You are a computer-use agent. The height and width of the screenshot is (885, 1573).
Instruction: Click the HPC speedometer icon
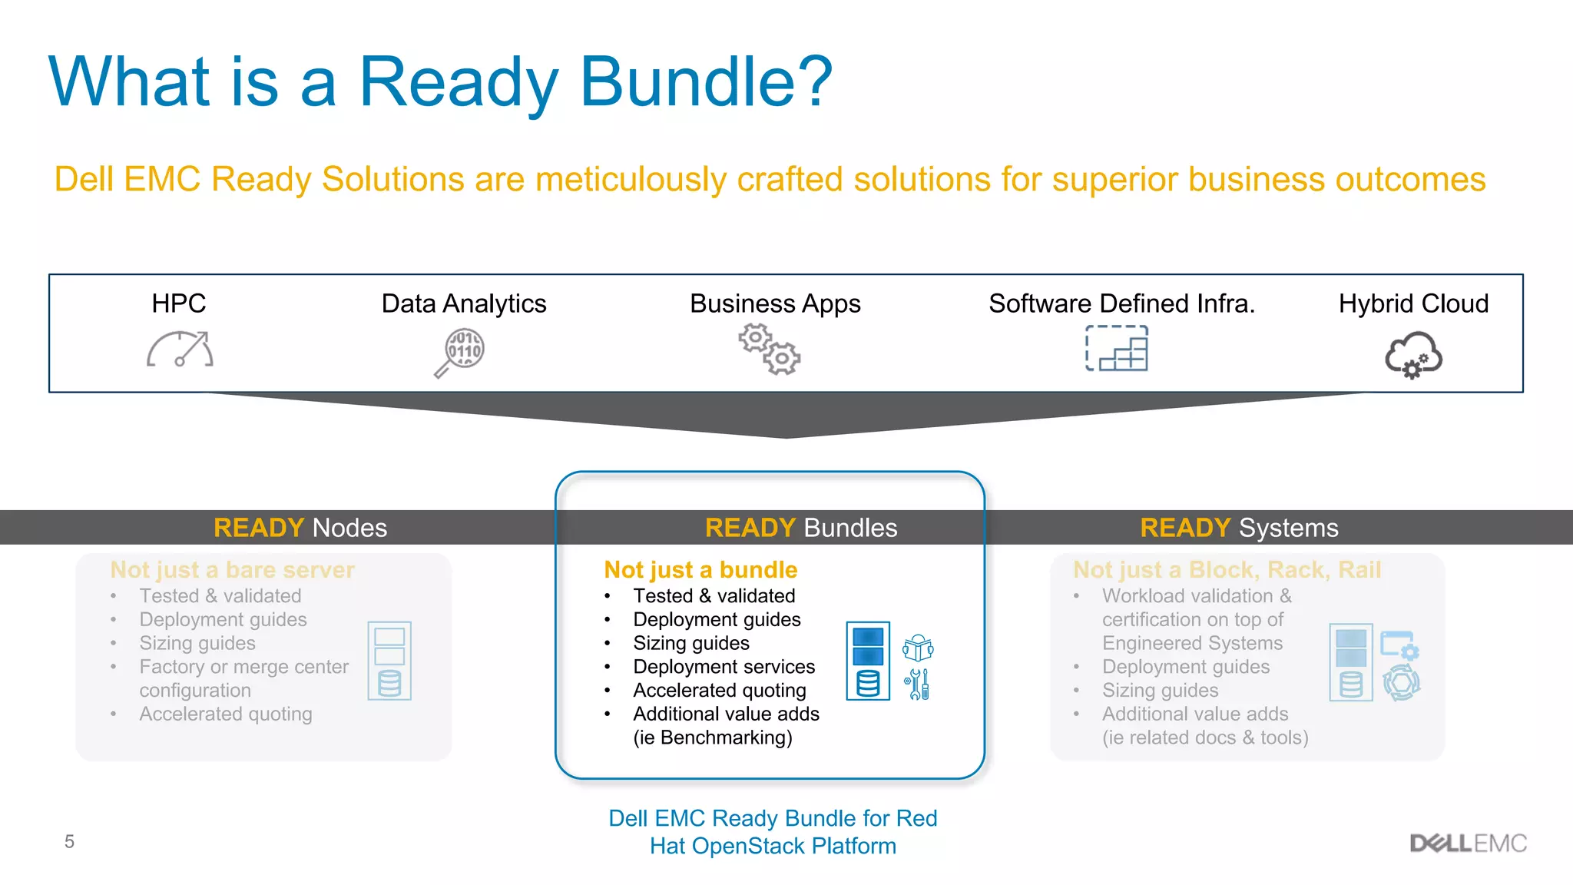tap(180, 350)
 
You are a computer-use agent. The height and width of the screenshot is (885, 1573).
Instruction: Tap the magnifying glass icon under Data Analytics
tap(460, 353)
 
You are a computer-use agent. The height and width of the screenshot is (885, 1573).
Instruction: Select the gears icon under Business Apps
tap(769, 349)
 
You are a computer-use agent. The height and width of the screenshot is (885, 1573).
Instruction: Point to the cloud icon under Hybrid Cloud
tap(1413, 355)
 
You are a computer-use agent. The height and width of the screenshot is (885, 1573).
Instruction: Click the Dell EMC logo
tap(1468, 843)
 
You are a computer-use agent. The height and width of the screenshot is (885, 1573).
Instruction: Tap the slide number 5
tap(69, 841)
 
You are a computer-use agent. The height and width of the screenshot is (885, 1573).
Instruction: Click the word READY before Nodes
tap(259, 528)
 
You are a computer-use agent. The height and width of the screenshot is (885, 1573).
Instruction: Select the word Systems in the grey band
tap(1288, 528)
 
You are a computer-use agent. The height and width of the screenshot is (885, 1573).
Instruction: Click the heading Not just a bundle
tap(700, 569)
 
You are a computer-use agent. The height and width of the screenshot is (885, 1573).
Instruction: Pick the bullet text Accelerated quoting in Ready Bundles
tap(719, 690)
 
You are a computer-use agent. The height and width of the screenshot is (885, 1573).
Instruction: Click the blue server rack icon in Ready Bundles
tap(868, 661)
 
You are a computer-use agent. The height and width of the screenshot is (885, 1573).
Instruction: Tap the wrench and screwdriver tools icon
tap(918, 684)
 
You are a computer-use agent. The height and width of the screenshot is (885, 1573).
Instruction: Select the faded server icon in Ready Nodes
tap(389, 661)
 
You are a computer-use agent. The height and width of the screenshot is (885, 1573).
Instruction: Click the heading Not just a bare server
tap(232, 569)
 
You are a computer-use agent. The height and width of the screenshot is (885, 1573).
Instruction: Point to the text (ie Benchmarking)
tap(712, 737)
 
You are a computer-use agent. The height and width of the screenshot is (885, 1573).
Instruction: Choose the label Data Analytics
tap(464, 303)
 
